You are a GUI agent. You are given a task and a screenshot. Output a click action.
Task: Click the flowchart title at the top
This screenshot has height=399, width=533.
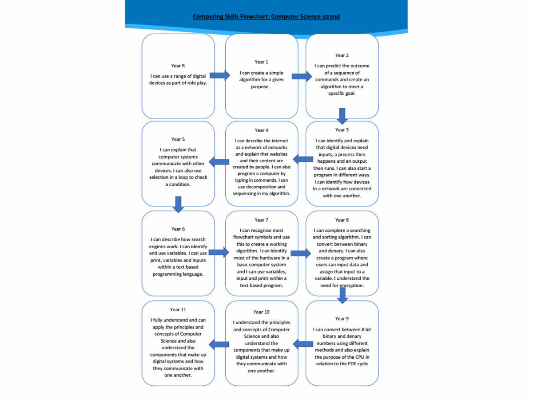tap(266, 16)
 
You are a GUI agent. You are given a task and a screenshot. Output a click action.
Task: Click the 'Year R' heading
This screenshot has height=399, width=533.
tap(178, 66)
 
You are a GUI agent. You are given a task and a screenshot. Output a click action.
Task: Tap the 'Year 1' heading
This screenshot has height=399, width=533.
tap(261, 62)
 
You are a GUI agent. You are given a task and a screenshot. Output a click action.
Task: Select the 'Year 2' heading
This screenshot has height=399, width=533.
tap(342, 55)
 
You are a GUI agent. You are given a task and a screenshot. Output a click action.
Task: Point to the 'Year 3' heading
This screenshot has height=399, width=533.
tap(342, 130)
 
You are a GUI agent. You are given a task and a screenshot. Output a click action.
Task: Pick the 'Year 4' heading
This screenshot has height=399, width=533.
tap(261, 130)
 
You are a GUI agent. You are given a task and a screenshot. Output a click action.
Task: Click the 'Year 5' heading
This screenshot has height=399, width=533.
tap(178, 139)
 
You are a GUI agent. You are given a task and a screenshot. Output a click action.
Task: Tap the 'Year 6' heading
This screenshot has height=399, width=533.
tap(178, 229)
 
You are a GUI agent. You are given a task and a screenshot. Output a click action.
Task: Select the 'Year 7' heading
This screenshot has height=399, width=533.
tap(261, 220)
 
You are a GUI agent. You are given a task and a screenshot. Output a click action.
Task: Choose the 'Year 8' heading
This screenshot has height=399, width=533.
tap(342, 220)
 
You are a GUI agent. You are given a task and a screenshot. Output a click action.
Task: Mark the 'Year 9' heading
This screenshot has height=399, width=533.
tap(342, 319)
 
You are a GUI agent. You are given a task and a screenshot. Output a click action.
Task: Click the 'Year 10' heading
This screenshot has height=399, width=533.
tap(261, 312)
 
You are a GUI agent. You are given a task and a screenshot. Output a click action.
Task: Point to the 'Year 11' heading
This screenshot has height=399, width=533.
tap(178, 309)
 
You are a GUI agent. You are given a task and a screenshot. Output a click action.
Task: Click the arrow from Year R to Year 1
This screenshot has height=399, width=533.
tap(220, 75)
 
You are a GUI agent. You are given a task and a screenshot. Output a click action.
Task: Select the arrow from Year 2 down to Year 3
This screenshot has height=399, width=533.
tap(342, 116)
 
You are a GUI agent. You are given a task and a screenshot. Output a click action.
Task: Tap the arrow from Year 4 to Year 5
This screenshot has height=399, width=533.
tap(219, 162)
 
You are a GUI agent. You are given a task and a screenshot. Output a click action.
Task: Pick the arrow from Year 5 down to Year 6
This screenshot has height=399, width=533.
tap(178, 205)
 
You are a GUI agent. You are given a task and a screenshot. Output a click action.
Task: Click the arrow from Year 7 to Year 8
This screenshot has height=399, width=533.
tap(301, 254)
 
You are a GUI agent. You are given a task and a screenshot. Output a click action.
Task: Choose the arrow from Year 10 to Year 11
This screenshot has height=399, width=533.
tap(219, 344)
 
